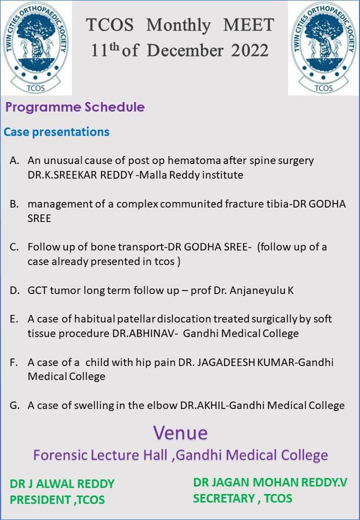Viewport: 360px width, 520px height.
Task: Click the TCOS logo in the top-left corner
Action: click(36, 48)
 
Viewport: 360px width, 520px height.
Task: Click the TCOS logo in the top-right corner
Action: click(323, 48)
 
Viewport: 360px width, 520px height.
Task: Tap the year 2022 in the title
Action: click(250, 50)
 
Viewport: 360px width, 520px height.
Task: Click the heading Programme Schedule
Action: click(75, 107)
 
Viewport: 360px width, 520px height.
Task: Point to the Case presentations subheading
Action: click(56, 132)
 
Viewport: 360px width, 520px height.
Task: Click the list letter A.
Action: click(15, 160)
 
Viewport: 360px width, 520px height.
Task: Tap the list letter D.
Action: click(15, 290)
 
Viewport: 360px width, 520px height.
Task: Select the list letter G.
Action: click(15, 405)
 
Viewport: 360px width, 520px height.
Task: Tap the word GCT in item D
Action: click(37, 290)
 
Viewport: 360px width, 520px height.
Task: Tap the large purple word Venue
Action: click(180, 433)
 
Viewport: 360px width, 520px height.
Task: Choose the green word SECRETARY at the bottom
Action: click(223, 498)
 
